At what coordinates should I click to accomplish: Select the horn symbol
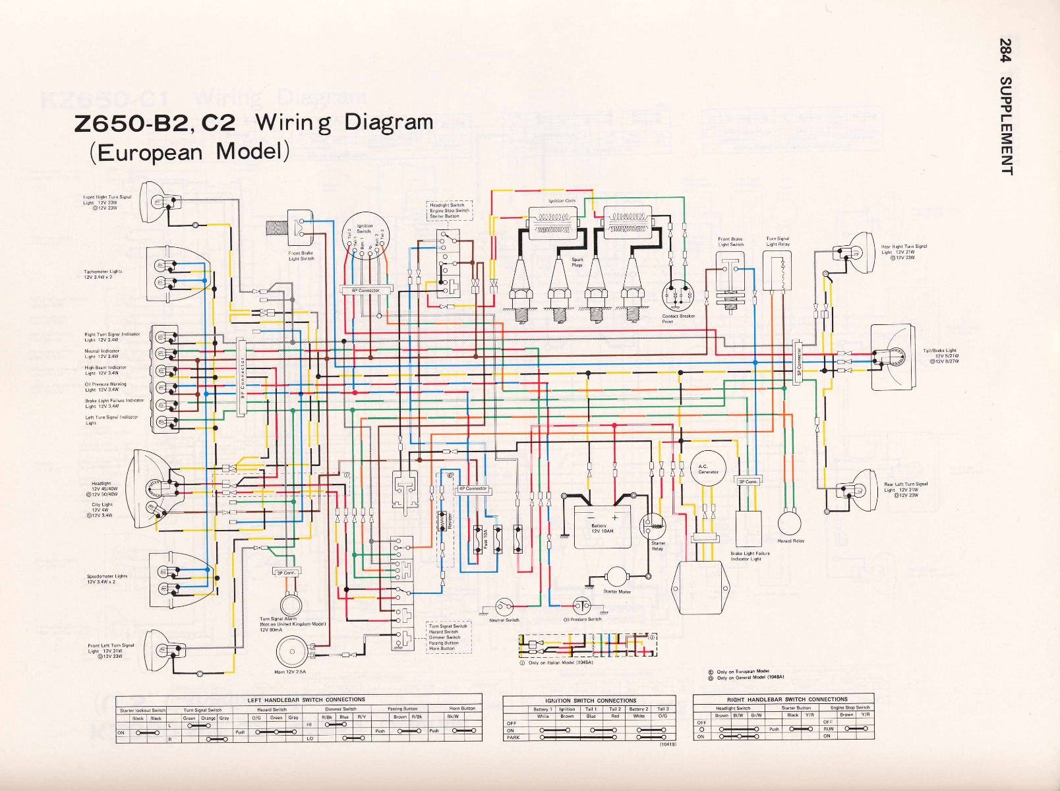click(289, 652)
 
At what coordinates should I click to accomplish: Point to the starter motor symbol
click(618, 577)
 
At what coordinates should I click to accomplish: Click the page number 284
click(1006, 50)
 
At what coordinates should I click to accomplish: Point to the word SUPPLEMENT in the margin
click(1006, 126)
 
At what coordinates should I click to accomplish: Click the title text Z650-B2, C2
click(156, 125)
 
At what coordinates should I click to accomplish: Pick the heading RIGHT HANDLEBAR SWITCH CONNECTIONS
click(782, 699)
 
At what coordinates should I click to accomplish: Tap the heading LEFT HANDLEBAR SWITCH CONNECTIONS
click(306, 699)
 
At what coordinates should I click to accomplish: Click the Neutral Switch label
click(504, 620)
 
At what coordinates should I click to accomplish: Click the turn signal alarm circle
click(289, 604)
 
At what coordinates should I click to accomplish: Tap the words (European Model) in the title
click(190, 152)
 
